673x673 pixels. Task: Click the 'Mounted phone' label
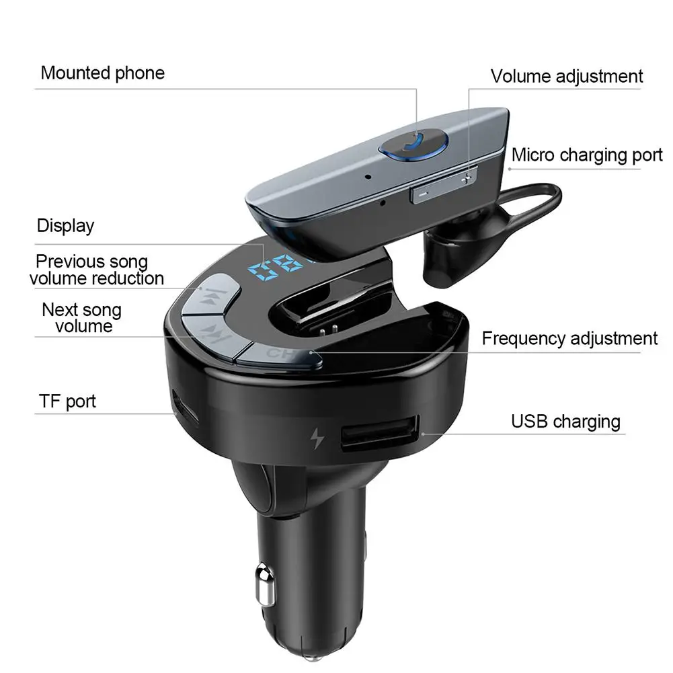point(102,73)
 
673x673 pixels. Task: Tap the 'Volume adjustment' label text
point(566,77)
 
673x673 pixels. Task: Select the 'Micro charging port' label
point(586,155)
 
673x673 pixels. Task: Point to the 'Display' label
point(65,226)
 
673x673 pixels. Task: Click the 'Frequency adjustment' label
point(569,338)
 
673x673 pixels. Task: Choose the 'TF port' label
point(67,402)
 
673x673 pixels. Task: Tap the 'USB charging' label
point(565,422)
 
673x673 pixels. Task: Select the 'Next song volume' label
point(82,318)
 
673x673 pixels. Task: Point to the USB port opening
point(379,436)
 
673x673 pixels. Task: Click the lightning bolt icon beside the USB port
point(316,439)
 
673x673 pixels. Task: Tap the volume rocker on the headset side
point(444,187)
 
